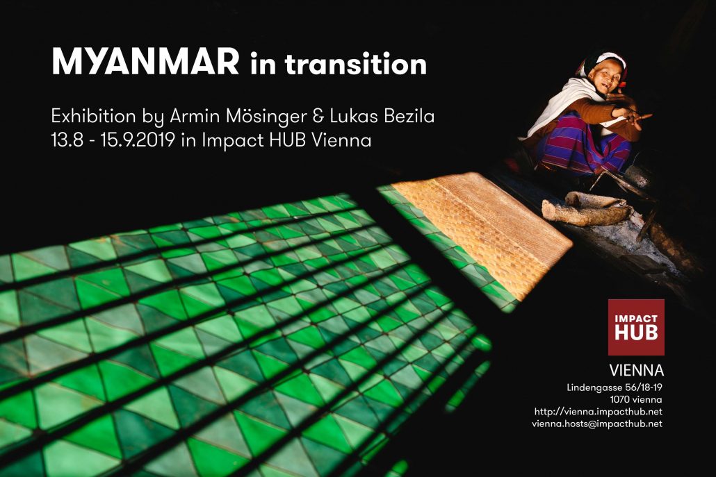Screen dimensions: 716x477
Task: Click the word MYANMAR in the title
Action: pos(145,62)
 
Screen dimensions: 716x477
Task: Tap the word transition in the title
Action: pos(356,63)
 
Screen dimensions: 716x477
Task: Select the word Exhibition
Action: pos(93,116)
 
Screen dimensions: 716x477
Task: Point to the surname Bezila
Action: pos(405,116)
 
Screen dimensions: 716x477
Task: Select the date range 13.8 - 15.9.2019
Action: pos(113,140)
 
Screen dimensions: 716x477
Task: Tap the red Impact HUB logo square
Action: pos(636,327)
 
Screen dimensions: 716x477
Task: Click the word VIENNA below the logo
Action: pos(637,370)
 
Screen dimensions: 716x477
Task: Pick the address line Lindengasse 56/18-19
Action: pos(615,388)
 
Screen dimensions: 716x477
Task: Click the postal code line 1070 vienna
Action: pos(636,400)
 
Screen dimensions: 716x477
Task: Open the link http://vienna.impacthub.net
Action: pos(599,412)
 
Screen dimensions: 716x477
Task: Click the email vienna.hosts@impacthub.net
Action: pos(597,424)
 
